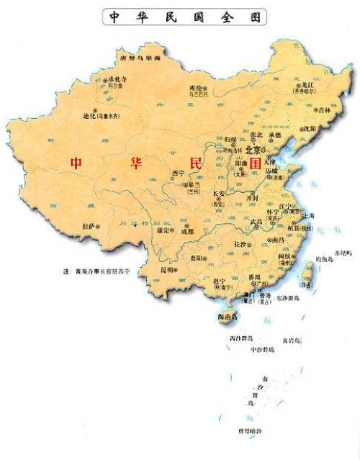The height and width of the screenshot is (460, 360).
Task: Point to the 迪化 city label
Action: [x=89, y=114]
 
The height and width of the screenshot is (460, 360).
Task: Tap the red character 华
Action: [x=135, y=163]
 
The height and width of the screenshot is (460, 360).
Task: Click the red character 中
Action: [x=76, y=163]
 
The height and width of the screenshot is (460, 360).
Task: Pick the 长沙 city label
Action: [x=241, y=245]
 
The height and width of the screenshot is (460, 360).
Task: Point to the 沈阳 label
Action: [x=309, y=129]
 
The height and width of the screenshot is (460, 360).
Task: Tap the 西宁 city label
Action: [x=179, y=173]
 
